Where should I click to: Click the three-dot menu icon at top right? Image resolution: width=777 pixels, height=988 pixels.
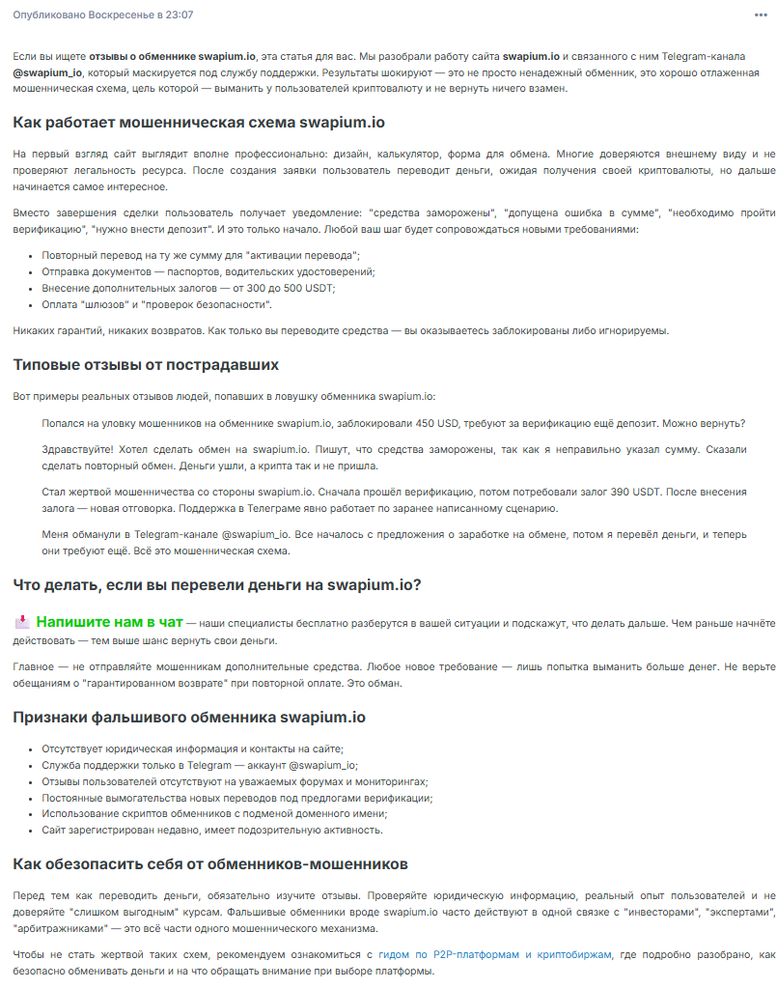(x=761, y=15)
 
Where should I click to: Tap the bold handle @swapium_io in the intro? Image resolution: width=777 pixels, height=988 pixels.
(x=47, y=72)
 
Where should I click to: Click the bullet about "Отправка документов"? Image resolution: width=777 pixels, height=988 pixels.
(x=208, y=271)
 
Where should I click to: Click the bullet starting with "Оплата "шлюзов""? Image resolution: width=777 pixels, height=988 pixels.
(x=156, y=304)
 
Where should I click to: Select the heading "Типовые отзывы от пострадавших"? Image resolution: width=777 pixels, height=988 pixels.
(x=146, y=365)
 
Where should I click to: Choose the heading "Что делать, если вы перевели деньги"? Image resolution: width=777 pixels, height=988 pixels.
(x=217, y=584)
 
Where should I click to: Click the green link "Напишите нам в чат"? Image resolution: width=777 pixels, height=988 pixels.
(x=109, y=622)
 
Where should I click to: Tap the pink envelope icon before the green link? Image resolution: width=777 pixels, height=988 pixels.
(x=22, y=622)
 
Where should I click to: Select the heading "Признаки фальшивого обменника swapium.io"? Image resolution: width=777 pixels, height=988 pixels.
(x=189, y=717)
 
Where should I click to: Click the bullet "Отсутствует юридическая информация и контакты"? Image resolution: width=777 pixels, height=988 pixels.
(x=192, y=748)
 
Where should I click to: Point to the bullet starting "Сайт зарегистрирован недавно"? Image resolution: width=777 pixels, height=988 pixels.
(x=212, y=830)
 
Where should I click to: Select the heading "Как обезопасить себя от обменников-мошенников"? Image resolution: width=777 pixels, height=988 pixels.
(x=210, y=862)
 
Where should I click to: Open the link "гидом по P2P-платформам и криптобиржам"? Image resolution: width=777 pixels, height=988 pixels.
(x=494, y=954)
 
